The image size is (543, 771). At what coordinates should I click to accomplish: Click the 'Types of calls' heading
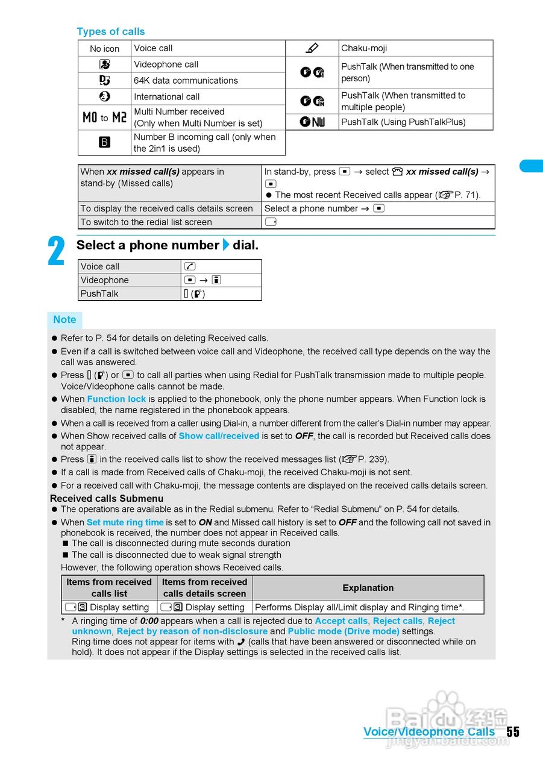pyautogui.click(x=111, y=31)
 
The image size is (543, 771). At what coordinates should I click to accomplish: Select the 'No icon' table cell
pyautogui.click(x=105, y=49)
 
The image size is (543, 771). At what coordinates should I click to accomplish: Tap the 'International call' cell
pyautogui.click(x=167, y=96)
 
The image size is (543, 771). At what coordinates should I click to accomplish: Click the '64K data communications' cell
pyautogui.click(x=186, y=80)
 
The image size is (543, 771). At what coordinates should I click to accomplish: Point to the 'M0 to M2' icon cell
pyautogui.click(x=104, y=117)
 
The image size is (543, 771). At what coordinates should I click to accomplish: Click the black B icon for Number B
pyautogui.click(x=104, y=143)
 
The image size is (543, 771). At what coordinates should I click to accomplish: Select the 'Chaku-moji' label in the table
pyautogui.click(x=364, y=48)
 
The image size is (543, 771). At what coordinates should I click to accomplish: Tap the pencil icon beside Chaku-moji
pyautogui.click(x=312, y=48)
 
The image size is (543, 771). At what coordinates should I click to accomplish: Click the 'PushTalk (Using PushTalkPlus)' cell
pyautogui.click(x=403, y=122)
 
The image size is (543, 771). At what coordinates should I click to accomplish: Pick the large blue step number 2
pyautogui.click(x=57, y=252)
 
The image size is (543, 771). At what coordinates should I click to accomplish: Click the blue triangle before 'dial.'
pyautogui.click(x=226, y=245)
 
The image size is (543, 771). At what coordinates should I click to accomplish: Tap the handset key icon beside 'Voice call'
pyautogui.click(x=190, y=266)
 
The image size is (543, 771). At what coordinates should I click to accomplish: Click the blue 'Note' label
pyautogui.click(x=64, y=320)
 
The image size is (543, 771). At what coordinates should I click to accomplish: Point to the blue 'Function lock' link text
pyautogui.click(x=116, y=399)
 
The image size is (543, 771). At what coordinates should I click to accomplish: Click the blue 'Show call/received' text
pyautogui.click(x=219, y=435)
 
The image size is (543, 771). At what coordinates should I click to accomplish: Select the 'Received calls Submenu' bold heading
pyautogui.click(x=107, y=498)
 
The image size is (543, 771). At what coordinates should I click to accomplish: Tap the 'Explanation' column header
pyautogui.click(x=368, y=588)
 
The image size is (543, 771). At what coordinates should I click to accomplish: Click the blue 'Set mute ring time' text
pyautogui.click(x=125, y=522)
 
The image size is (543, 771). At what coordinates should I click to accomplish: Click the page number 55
pyautogui.click(x=512, y=732)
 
